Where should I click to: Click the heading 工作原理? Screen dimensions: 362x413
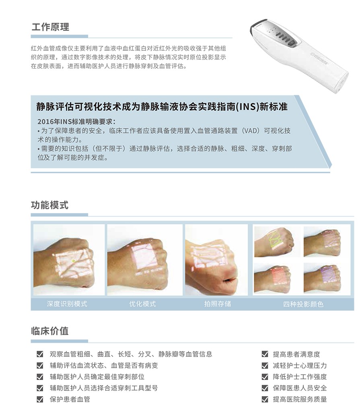click(50, 27)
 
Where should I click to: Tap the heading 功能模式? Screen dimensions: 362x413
click(50, 205)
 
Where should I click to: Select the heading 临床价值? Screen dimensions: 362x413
click(50, 331)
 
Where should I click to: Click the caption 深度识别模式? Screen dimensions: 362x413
click(67, 304)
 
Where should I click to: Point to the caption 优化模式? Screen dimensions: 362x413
click(142, 304)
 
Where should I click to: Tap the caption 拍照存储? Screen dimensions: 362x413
click(218, 304)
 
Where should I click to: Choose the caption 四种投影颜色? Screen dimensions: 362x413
click(303, 304)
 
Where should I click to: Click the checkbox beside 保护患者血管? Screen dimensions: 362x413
click(40, 399)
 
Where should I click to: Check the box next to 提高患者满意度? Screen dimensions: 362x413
click(265, 354)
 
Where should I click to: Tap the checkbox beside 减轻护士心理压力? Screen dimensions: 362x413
click(265, 366)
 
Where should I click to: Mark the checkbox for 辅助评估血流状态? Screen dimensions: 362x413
click(40, 366)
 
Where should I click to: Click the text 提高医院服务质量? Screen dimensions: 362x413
click(300, 399)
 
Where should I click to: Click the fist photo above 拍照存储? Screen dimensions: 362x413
click(216, 260)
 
